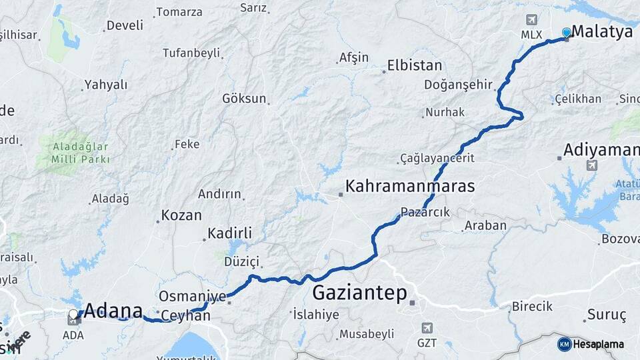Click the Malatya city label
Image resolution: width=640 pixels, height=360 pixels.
point(602,31)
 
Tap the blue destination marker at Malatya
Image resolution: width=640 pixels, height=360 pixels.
point(567,32)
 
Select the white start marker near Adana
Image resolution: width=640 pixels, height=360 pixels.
point(73,313)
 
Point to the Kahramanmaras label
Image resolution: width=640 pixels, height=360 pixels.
point(410,186)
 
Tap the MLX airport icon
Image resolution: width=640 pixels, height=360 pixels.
point(531,20)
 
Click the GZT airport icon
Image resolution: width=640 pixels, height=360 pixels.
point(427,328)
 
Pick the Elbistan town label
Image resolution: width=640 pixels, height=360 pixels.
point(415,65)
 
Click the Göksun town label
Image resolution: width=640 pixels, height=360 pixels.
point(244,99)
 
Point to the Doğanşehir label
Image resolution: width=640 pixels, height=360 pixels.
point(458,85)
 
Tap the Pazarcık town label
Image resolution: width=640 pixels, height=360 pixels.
point(426,212)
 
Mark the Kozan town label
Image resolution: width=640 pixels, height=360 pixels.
point(182,215)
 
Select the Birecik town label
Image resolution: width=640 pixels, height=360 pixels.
point(532,307)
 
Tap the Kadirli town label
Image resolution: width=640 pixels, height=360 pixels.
point(229,233)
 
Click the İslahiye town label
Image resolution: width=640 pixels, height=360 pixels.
point(316,314)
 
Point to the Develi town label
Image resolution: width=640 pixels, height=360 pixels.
point(125,25)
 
